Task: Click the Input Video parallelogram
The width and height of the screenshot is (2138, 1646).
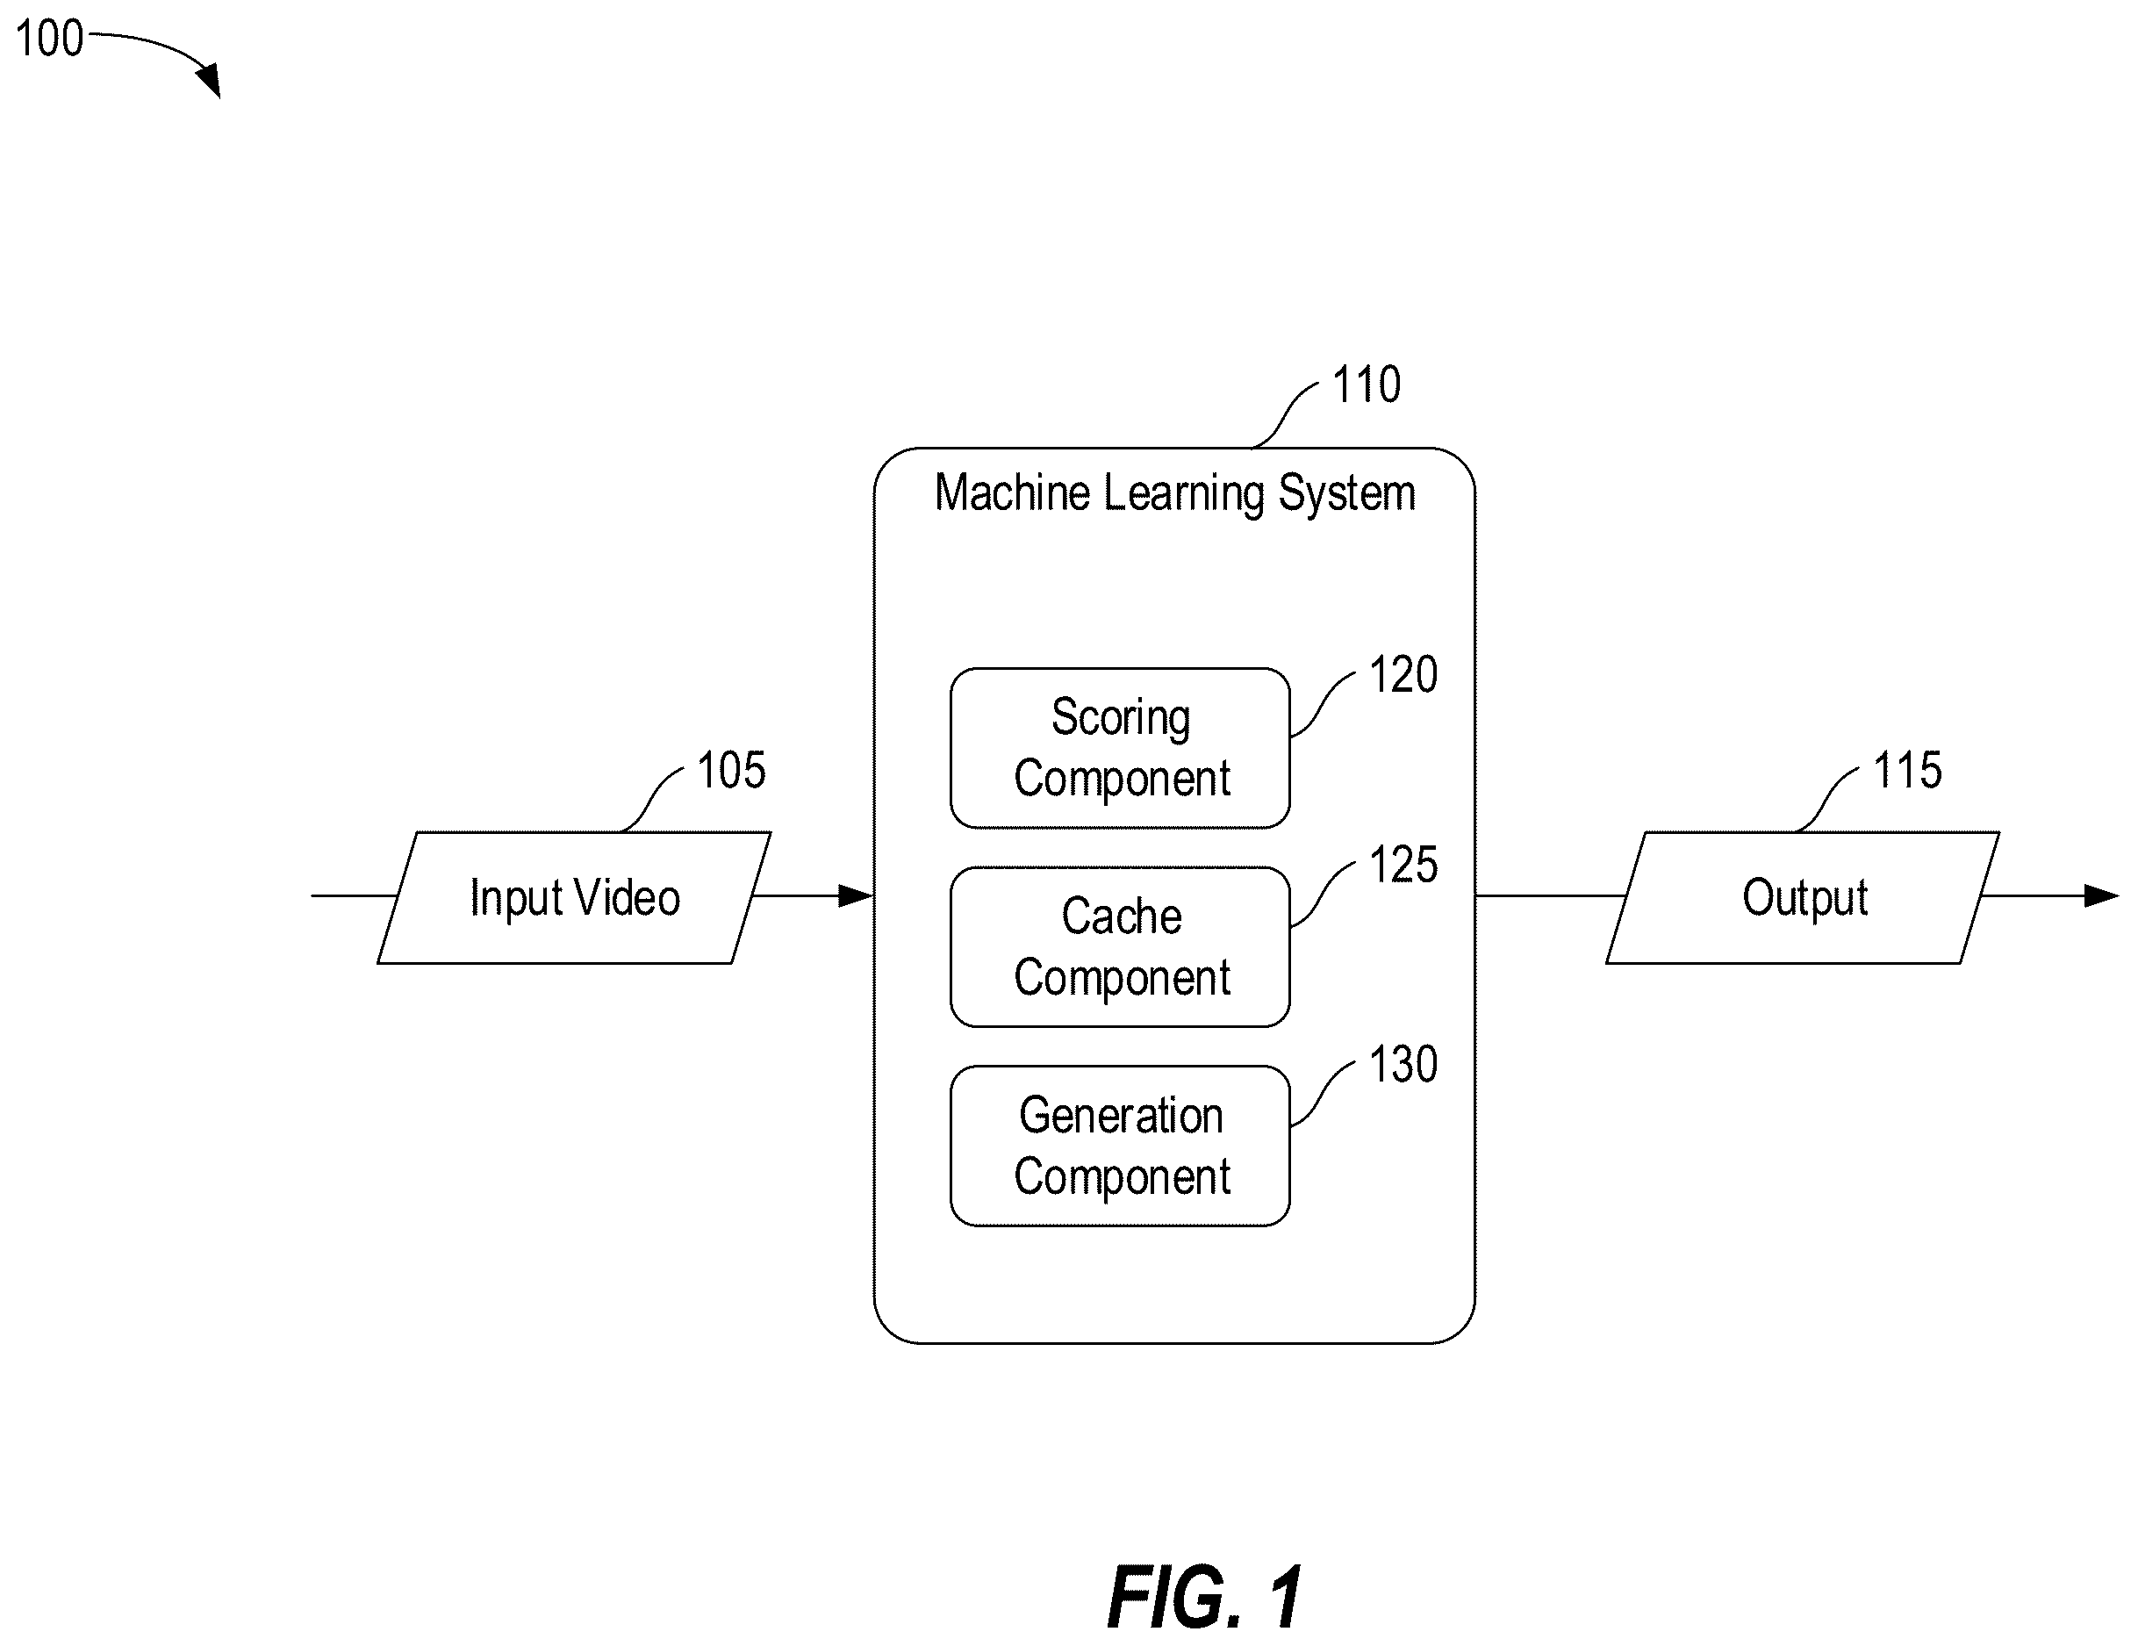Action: point(575,898)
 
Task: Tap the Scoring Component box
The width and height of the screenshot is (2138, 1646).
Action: point(1120,748)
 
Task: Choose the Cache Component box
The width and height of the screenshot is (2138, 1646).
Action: point(1120,947)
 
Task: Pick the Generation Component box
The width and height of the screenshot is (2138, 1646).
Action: point(1120,1146)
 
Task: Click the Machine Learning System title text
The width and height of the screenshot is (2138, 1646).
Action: point(1174,492)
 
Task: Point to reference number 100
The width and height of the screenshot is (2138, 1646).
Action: point(49,40)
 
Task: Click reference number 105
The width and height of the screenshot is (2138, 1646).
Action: point(731,771)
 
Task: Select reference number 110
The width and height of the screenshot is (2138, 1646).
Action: point(1367,384)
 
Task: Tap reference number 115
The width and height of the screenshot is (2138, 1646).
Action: point(1908,771)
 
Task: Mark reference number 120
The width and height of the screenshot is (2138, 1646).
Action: point(1403,675)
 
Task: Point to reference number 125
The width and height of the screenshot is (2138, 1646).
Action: point(1403,866)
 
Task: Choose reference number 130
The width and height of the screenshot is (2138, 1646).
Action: point(1403,1064)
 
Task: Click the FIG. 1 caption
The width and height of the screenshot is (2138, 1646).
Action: point(1205,1597)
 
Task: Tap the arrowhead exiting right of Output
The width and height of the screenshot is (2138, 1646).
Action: point(2102,896)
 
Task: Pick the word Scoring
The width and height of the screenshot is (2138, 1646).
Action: point(1121,719)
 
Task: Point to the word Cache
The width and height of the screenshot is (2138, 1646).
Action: point(1122,916)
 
